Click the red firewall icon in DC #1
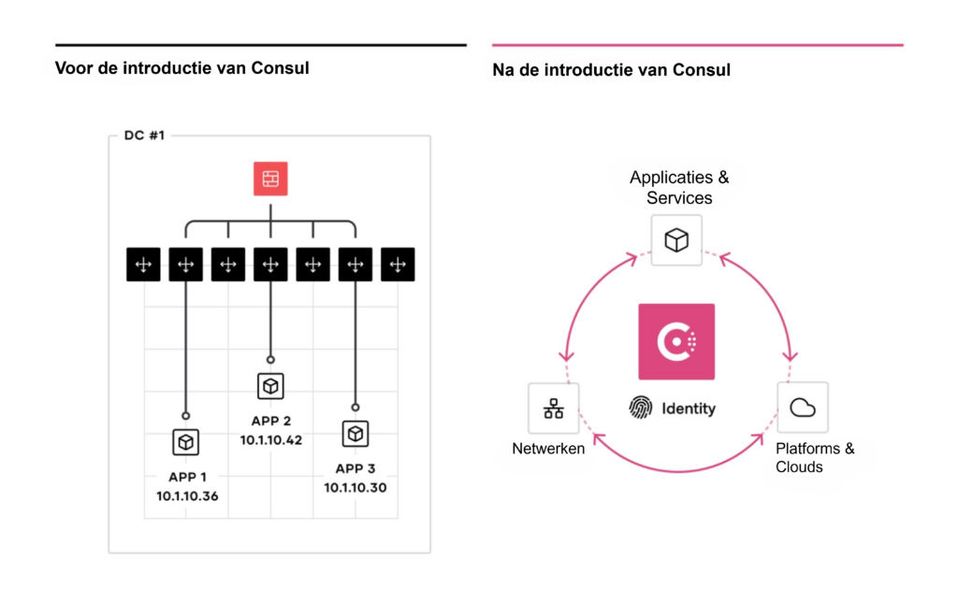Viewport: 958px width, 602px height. click(270, 179)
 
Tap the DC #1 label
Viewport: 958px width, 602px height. click(144, 136)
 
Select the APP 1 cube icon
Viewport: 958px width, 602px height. click(186, 441)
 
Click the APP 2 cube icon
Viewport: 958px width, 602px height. click(270, 385)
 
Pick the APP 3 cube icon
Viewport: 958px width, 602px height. click(355, 433)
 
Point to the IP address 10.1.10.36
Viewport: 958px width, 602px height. click(187, 495)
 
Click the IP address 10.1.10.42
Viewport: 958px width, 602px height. click(271, 439)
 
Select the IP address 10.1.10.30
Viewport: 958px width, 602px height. click(356, 487)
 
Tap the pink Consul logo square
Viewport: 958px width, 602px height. click(676, 341)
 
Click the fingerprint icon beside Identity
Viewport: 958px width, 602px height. click(641, 408)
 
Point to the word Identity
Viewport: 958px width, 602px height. click(689, 408)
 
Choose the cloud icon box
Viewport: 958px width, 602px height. click(803, 407)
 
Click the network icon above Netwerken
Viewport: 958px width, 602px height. click(553, 408)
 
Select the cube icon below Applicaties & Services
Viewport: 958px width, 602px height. click(676, 240)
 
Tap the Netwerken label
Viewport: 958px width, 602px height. click(548, 449)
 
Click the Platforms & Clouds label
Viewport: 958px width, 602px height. click(814, 457)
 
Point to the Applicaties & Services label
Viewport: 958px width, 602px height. click(679, 187)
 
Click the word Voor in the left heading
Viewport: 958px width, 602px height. click(73, 68)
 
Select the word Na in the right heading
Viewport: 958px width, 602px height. click(502, 70)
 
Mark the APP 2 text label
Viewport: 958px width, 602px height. click(271, 421)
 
